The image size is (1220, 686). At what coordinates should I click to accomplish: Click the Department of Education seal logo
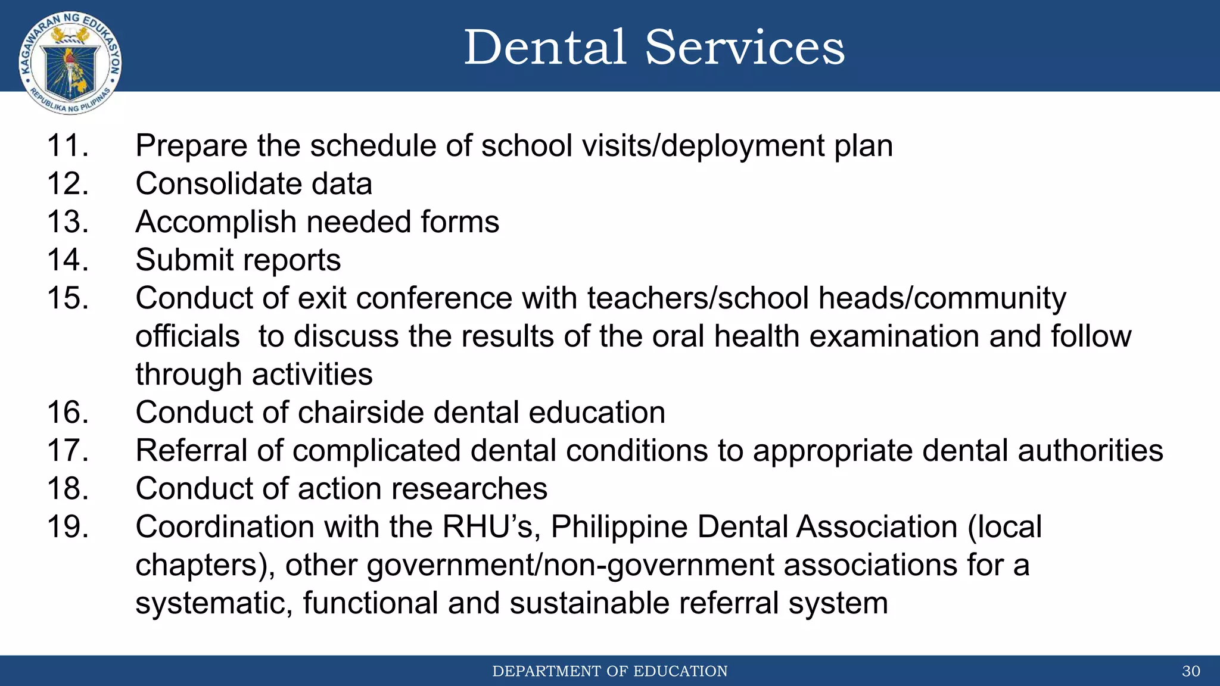pos(70,63)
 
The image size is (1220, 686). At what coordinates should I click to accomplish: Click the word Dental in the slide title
pos(545,47)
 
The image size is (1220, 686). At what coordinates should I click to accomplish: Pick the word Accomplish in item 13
pos(216,222)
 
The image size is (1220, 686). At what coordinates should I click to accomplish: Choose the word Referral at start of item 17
pos(191,451)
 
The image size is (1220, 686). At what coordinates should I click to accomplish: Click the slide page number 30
pos(1191,671)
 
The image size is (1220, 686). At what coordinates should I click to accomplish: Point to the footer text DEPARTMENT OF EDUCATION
pos(610,671)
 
